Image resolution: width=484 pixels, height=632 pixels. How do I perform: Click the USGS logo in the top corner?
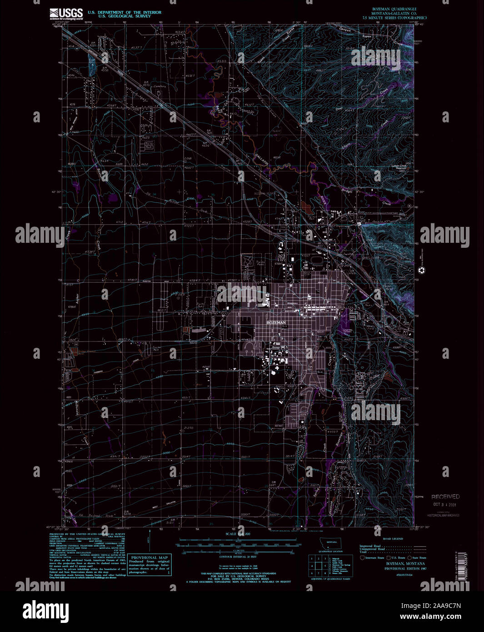66,14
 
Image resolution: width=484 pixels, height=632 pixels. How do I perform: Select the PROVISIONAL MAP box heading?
150,557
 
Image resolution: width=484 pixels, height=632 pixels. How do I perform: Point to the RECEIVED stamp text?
445,497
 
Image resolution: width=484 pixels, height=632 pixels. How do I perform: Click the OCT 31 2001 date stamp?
445,504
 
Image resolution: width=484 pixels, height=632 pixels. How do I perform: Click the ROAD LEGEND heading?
393,538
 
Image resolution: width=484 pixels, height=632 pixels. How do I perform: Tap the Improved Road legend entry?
370,546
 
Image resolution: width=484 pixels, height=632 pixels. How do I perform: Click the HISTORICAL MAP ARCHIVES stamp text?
443,515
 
